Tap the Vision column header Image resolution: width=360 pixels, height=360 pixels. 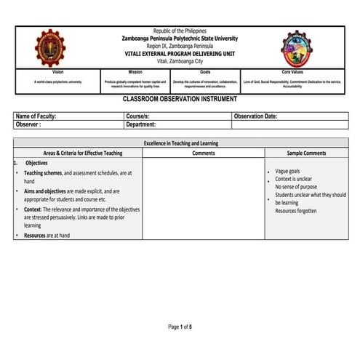click(x=58, y=73)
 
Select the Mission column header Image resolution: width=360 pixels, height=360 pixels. click(x=135, y=73)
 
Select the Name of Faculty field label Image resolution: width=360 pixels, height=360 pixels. click(x=36, y=116)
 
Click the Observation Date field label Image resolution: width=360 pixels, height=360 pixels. click(x=256, y=116)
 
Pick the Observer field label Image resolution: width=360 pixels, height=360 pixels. click(x=28, y=124)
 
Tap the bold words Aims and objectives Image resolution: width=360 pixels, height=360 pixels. click(x=47, y=191)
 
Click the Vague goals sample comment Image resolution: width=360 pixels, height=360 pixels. click(x=289, y=171)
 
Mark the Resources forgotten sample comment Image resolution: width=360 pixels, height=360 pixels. click(x=296, y=211)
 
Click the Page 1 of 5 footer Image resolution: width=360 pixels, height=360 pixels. click(x=180, y=327)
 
